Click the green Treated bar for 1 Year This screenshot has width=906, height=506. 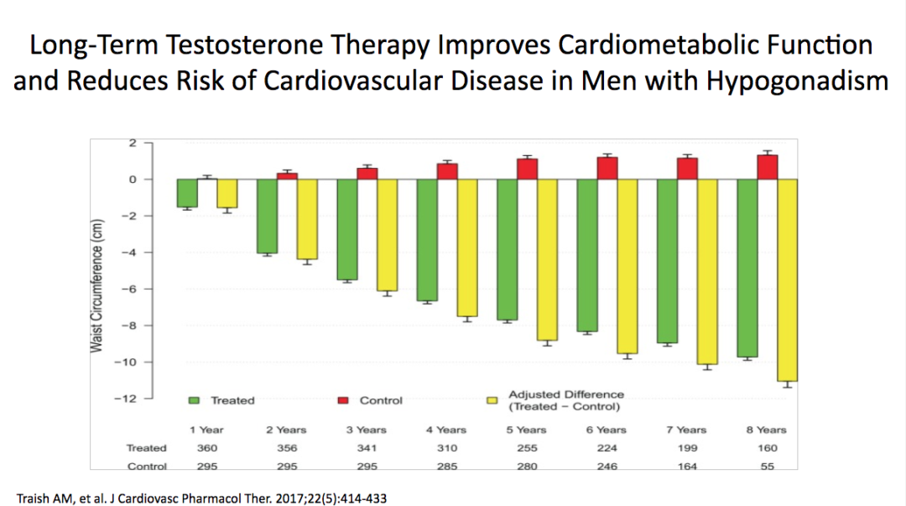coord(186,193)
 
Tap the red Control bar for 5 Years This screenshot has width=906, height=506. coord(527,169)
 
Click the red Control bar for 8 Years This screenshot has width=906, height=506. coord(767,167)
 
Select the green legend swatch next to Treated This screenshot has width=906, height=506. coord(194,400)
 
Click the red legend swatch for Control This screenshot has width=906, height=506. coord(343,400)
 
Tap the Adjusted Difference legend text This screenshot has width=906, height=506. coord(566,400)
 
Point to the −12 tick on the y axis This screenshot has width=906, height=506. coord(125,398)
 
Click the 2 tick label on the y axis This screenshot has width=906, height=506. coord(132,143)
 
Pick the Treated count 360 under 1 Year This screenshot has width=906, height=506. coord(206,448)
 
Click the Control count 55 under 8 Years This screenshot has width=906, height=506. coord(767,467)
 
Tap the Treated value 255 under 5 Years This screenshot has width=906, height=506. coord(527,448)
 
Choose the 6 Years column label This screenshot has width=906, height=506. coord(607,430)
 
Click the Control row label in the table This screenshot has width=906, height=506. coord(146,467)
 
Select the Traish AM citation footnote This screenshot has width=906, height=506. coord(202,498)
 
